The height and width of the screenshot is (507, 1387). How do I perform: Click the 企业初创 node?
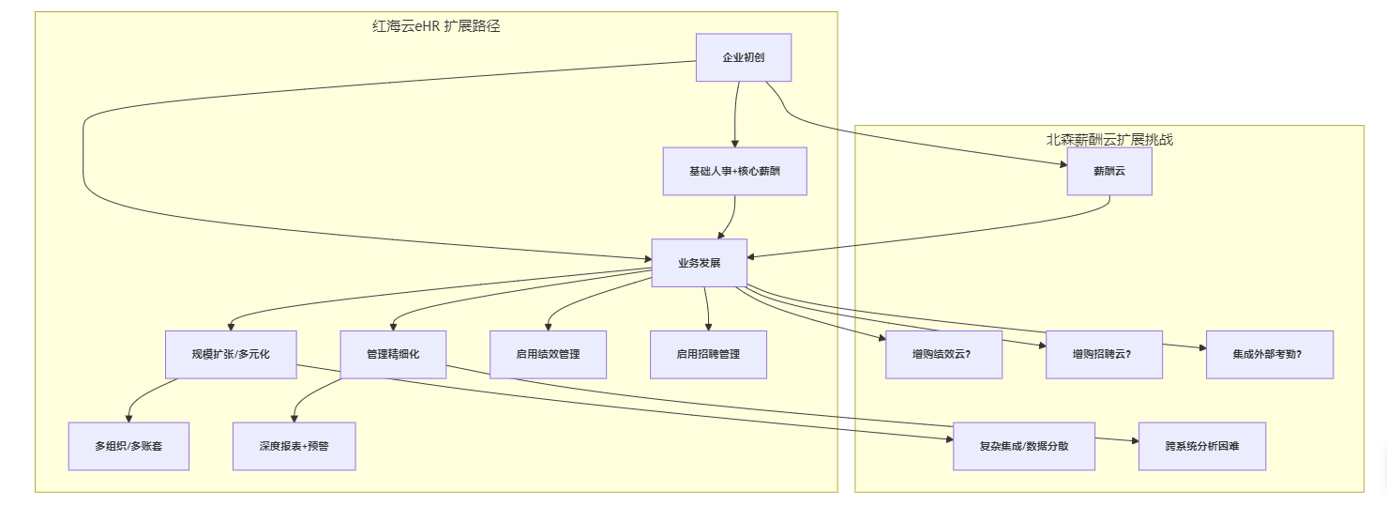(744, 58)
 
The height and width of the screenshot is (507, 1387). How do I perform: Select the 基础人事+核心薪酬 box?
(734, 171)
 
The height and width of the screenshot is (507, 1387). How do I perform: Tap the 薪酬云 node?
(1109, 171)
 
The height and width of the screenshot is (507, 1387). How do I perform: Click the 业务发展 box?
(700, 262)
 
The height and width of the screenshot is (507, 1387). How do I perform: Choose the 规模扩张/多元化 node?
(231, 354)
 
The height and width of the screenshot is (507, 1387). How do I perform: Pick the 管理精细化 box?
(393, 354)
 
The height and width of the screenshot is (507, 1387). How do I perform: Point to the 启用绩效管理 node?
(548, 354)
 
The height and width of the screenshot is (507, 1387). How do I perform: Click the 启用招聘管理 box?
(708, 354)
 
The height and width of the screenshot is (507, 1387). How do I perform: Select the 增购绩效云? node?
(943, 354)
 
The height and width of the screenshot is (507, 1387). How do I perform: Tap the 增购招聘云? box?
(1104, 354)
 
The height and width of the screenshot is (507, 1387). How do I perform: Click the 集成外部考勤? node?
(1269, 354)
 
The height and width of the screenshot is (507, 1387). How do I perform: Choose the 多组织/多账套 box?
(128, 446)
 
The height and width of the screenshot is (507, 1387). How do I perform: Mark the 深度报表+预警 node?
(294, 446)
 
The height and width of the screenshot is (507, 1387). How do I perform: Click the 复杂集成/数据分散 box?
(1024, 446)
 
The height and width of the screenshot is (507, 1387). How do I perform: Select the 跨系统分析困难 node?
(1202, 446)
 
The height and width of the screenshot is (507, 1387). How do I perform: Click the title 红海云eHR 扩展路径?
(436, 26)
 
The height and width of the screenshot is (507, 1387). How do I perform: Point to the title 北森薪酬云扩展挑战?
(1109, 140)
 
